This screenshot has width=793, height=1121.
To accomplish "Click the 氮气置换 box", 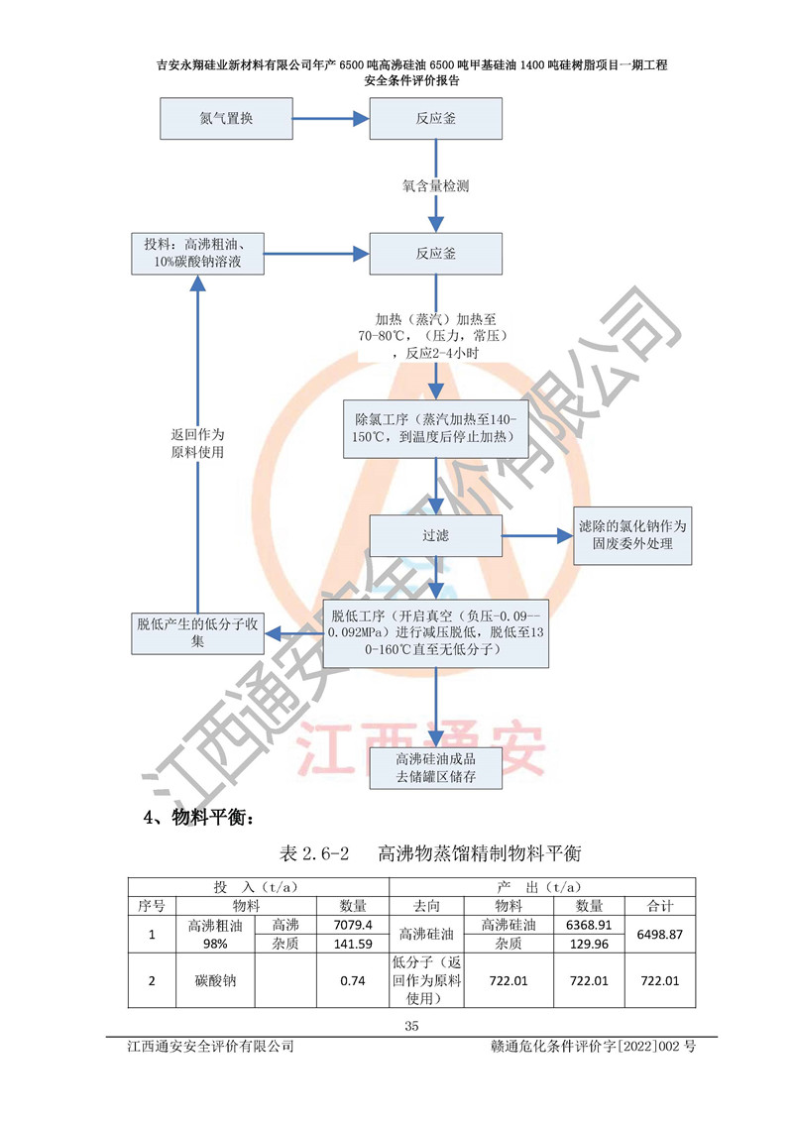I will pos(226,119).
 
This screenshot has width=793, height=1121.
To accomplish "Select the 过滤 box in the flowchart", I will pos(436,535).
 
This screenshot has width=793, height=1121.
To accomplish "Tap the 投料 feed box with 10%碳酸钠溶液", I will pos(196,254).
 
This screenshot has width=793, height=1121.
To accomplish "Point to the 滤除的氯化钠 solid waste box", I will pos(633,535).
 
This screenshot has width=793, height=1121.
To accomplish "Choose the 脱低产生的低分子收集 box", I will pos(197,632).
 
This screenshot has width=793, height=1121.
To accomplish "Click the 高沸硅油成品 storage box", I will pos(436,767).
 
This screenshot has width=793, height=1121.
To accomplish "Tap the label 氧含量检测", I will pos(435,185).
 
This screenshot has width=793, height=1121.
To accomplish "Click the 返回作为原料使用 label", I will pos(198,443).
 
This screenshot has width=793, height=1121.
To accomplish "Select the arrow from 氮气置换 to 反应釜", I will pos(331,119).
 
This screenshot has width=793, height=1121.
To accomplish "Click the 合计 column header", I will pos(660,905).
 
